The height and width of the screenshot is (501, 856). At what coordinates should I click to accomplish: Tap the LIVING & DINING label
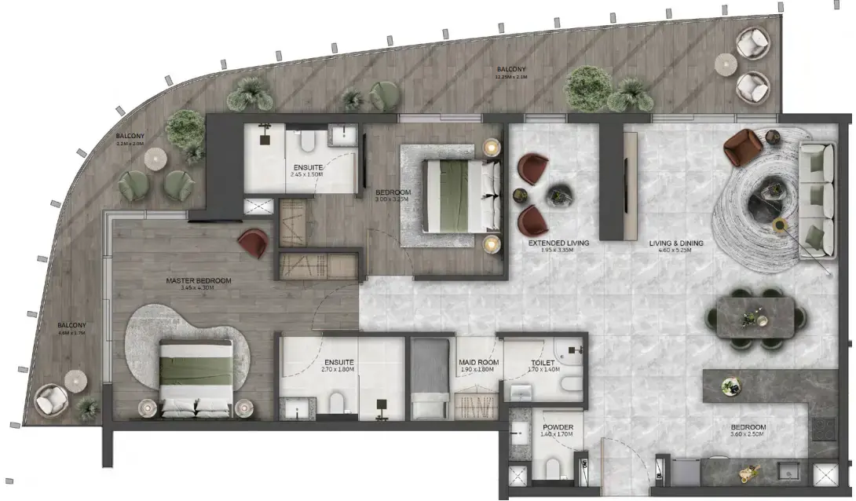[x=675, y=243]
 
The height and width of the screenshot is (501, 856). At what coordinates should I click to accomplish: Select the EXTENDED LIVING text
[x=558, y=243]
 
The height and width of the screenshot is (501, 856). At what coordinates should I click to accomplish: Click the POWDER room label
[x=558, y=427]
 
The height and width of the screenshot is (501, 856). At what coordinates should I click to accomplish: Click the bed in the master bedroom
[x=196, y=375]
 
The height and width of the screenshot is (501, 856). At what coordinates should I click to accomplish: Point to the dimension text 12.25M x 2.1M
[x=510, y=78]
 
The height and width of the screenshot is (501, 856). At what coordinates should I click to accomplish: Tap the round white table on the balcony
[x=155, y=159]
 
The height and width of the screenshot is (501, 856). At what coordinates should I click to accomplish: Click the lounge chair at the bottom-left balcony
[x=52, y=400]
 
